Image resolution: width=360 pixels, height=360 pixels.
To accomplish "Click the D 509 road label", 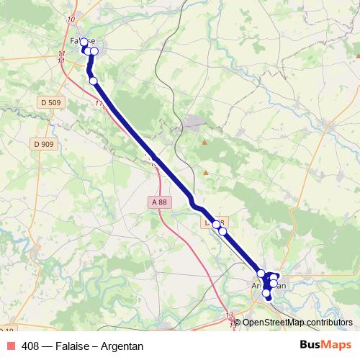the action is (50, 103).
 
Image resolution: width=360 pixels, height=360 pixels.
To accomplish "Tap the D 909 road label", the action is (43, 144).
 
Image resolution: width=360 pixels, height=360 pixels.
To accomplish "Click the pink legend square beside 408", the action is (10, 346).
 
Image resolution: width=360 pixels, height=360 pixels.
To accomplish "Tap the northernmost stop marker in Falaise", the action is (84, 42).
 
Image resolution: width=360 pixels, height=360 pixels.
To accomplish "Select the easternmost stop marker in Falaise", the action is (94, 51).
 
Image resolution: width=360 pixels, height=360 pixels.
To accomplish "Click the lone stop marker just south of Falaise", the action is (93, 80).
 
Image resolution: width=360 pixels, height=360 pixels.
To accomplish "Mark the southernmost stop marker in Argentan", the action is (267, 294).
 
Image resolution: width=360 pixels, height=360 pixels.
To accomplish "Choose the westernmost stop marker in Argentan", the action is (261, 274).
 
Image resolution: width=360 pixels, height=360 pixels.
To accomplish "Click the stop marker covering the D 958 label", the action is (216, 224).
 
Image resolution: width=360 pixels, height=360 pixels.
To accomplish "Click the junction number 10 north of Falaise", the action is (69, 18).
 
